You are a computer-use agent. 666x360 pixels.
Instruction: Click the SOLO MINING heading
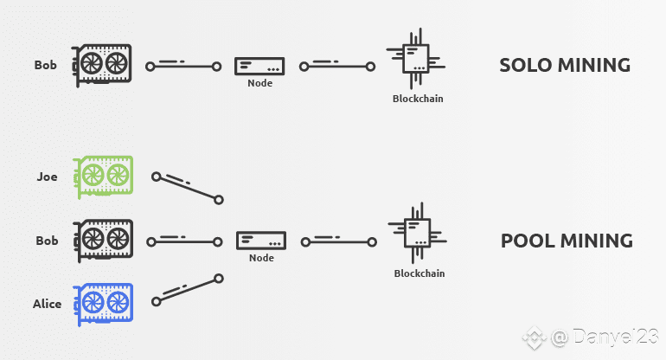point(565,65)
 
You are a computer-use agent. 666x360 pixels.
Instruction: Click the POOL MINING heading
point(567,241)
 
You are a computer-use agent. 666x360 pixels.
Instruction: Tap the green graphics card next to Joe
point(103,177)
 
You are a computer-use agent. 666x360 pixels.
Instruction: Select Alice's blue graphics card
point(103,305)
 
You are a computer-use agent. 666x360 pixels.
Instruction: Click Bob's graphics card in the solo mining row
point(101,66)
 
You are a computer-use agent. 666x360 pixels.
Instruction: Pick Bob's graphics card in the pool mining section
point(103,241)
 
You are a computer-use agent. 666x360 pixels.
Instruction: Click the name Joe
point(47,177)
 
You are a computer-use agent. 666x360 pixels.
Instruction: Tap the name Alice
point(48,304)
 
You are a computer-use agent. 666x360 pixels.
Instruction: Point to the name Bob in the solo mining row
point(46,65)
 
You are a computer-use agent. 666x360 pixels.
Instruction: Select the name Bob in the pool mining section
point(47,241)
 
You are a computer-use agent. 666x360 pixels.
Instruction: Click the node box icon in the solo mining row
point(259,67)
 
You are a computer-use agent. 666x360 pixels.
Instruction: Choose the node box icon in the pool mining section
point(261,241)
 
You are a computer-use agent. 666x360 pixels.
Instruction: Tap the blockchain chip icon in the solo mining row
point(415,59)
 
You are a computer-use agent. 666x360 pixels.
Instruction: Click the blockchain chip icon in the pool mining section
point(417,234)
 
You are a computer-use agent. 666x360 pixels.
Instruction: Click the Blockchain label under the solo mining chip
point(418,99)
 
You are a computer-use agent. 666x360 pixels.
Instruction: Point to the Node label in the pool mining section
point(261,258)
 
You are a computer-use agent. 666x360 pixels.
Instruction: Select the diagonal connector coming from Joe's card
point(188,188)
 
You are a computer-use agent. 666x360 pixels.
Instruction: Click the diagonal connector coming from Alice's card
point(188,290)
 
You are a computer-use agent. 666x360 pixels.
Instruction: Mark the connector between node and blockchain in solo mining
point(337,67)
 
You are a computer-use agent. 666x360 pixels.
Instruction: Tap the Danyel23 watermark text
point(615,337)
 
